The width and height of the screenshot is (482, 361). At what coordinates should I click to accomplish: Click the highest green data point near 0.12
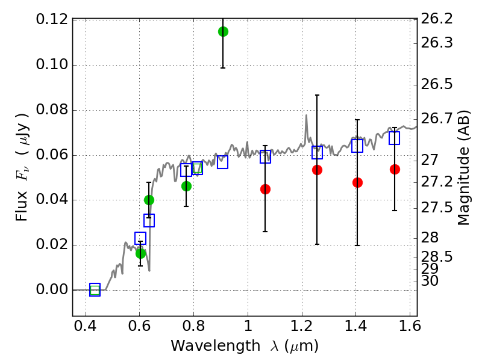point(223,31)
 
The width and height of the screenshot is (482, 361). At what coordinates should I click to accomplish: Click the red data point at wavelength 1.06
point(265,189)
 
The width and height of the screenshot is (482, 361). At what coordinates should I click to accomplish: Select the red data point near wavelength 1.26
point(317,170)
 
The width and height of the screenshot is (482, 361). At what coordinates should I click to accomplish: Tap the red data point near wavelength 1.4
point(357,182)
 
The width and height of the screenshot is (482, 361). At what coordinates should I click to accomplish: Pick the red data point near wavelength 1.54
point(395,169)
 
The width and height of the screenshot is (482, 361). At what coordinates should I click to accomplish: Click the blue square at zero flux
point(95,290)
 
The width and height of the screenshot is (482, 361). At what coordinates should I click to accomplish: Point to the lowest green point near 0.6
point(140,253)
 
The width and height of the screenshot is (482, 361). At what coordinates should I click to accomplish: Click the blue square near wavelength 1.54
point(395,138)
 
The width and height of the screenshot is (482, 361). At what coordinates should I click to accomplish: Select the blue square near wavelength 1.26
point(317,152)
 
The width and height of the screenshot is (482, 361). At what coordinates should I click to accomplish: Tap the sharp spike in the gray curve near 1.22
point(306,116)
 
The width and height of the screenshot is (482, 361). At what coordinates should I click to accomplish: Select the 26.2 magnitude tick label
point(437,20)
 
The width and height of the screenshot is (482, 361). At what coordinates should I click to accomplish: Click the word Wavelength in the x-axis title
point(207,347)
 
